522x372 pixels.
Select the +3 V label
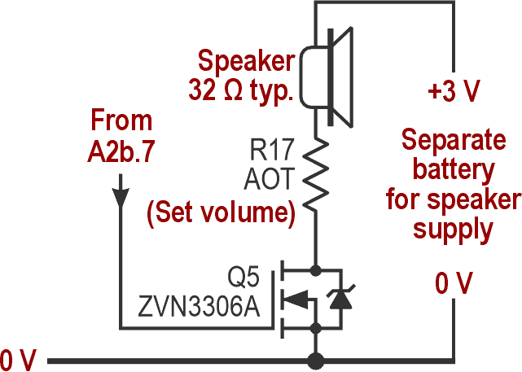[453, 90]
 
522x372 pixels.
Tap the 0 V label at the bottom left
[18, 359]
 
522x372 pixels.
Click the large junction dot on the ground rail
[315, 359]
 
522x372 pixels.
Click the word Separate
[454, 141]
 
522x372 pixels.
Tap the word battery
[453, 170]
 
